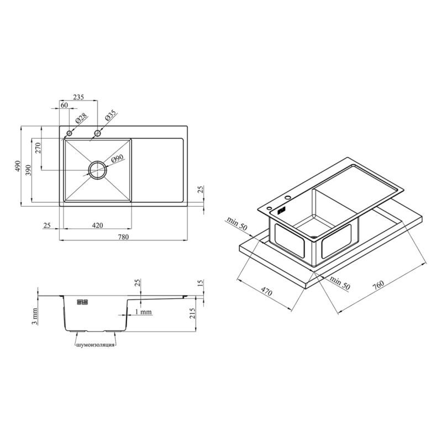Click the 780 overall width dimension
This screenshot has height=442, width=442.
point(123,237)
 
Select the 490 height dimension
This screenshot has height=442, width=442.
point(18,166)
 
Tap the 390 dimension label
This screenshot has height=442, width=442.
point(28,170)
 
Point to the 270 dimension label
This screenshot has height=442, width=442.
point(38,148)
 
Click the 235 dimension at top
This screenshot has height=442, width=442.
point(78,97)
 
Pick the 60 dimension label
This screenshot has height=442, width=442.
point(64,105)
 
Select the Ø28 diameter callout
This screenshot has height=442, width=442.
point(81,119)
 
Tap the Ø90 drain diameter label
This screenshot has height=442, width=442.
point(117,159)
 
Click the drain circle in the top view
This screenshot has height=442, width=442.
point(98,161)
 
